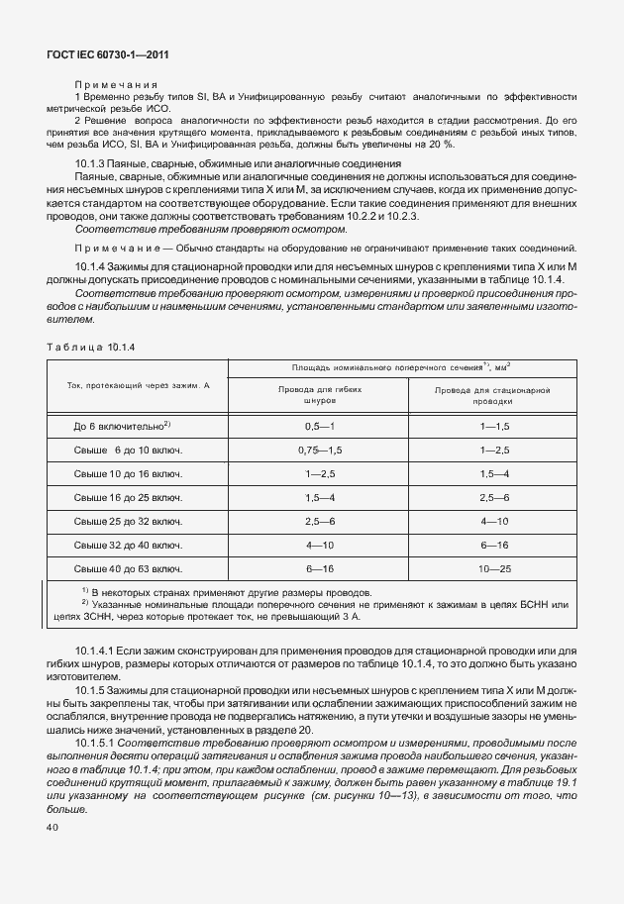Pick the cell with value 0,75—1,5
click(319, 450)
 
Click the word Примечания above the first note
click(116, 85)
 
